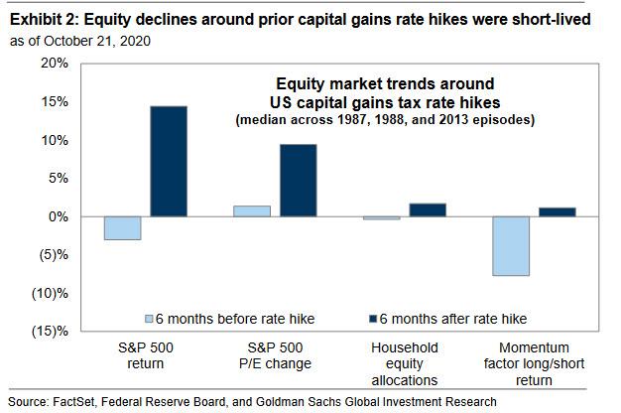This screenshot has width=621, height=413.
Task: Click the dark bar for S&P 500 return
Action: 169,161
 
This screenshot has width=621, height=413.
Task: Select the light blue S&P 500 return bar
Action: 122,228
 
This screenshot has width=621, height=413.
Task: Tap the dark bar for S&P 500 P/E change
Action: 299,181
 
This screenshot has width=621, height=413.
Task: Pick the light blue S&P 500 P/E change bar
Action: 252,211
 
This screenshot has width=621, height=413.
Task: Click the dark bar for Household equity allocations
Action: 428,210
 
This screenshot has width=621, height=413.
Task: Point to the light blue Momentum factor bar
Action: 511,246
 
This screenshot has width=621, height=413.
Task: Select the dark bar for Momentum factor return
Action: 558,212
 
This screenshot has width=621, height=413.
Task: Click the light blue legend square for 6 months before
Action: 149,319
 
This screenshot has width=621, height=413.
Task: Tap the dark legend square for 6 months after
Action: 373,319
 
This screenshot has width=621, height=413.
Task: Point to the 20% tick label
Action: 55,63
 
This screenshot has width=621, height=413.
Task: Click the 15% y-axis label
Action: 55,102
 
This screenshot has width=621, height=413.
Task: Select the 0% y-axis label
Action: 59,216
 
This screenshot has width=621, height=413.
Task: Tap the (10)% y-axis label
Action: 50,294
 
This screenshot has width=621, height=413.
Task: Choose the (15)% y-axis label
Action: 50,331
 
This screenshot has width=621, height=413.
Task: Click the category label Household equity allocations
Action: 405,363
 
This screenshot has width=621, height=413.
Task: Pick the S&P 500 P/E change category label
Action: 275,355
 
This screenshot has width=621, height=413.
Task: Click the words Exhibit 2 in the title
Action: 44,19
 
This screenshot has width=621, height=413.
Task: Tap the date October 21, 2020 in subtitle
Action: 97,41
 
